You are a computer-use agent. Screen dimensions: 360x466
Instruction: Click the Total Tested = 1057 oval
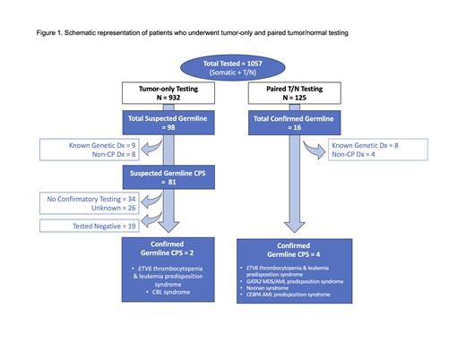coord(232,71)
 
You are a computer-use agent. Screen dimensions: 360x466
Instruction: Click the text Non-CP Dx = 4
coord(359,155)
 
